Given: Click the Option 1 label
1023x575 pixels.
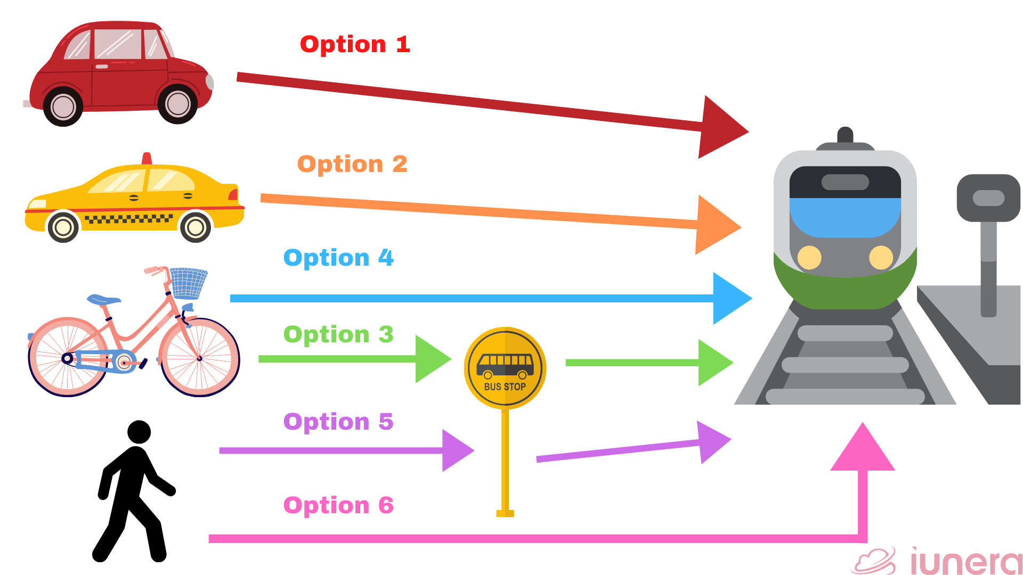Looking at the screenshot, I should pos(355,44).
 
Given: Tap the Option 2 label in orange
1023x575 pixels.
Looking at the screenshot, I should pos(352,164).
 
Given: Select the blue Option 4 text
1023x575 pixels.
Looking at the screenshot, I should pos(338,258).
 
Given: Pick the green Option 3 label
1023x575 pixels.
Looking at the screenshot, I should pos(338,334).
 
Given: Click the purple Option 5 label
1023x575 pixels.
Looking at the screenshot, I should pos(338,422).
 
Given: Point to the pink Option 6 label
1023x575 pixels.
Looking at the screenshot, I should pos(338,505).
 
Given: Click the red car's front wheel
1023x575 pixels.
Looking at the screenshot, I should pos(177,104).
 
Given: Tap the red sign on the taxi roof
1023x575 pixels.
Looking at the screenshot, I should pos(147,159).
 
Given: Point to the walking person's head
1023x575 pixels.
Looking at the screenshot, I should pos(140,432).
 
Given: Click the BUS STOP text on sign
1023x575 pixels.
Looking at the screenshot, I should pos(505,387).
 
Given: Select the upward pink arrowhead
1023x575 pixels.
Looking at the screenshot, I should pos(863,450).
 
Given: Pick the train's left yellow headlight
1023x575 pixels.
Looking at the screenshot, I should pos(809,257).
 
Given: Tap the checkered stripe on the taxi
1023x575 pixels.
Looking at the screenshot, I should pos(128,218).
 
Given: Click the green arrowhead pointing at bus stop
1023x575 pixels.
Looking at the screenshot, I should pos(431,359).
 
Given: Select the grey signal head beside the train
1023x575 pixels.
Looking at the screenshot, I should pos(988,198).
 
